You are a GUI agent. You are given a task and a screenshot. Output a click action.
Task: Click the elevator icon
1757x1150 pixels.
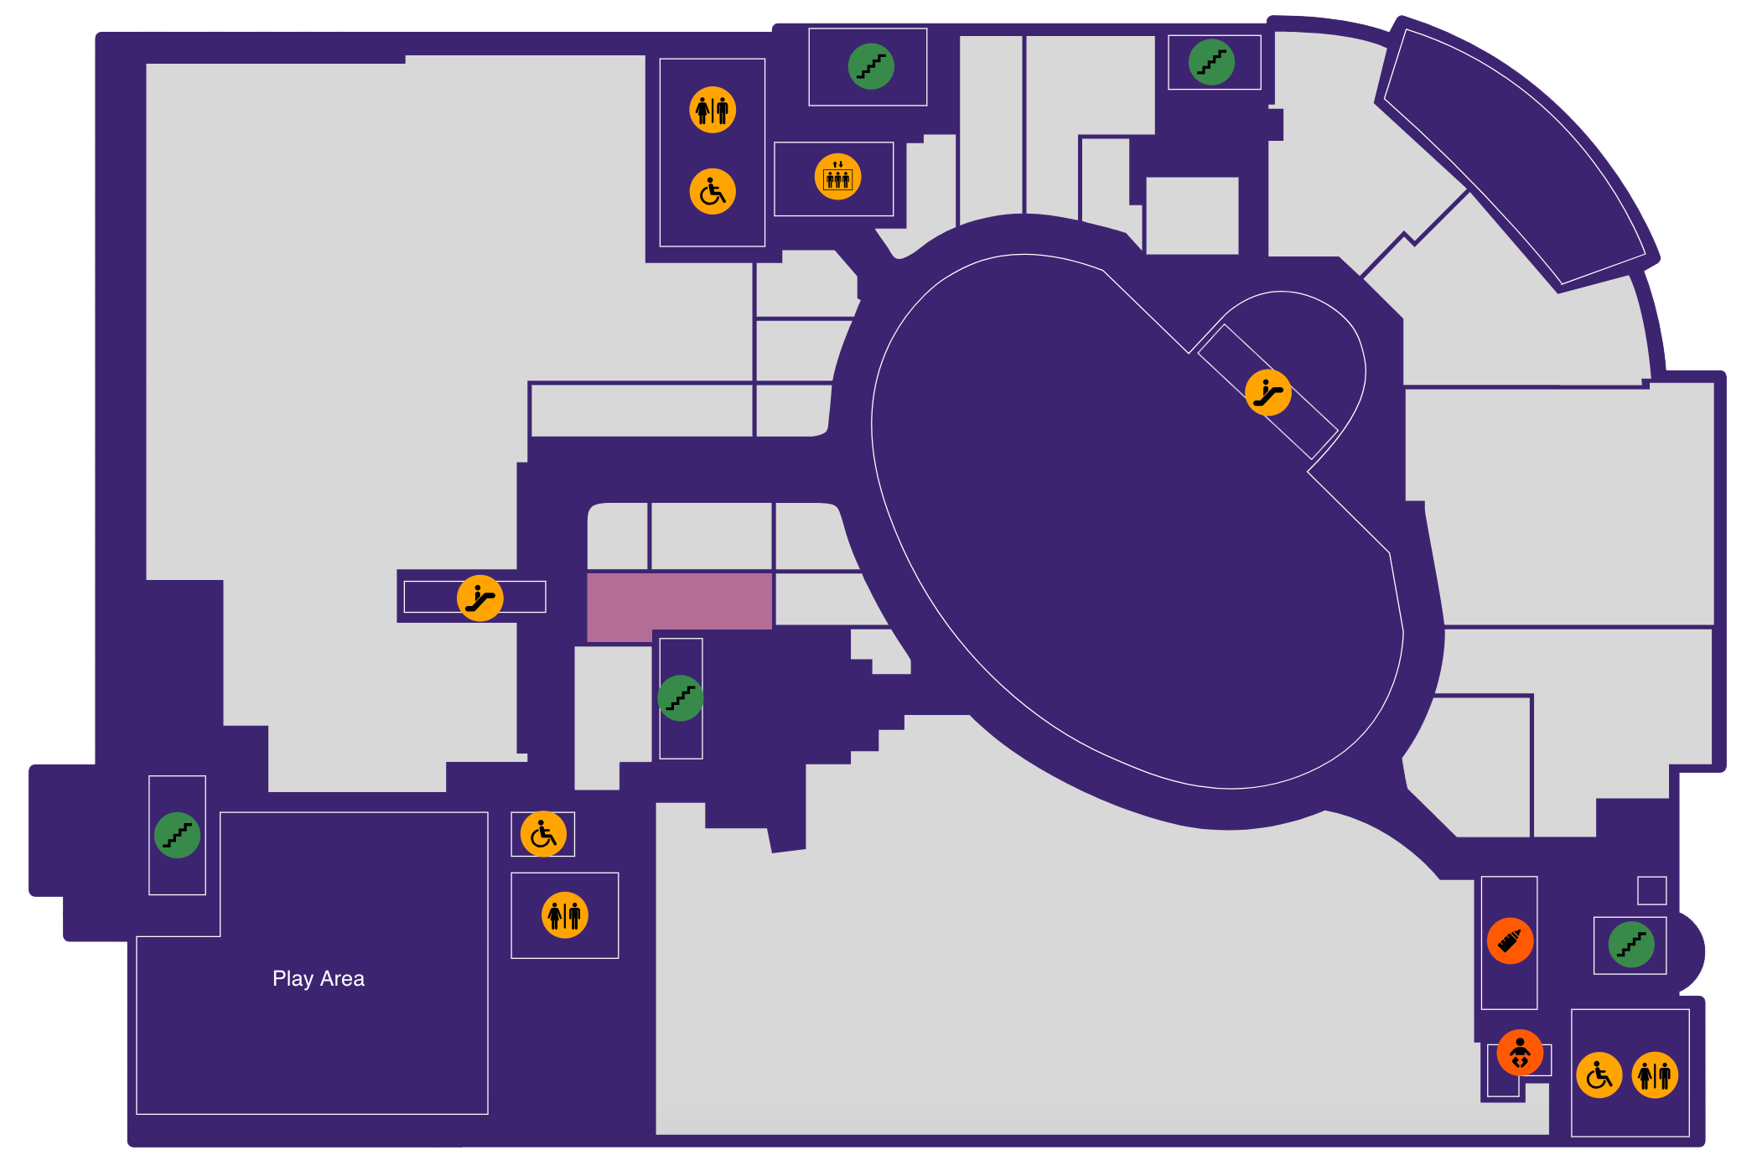pyautogui.click(x=837, y=177)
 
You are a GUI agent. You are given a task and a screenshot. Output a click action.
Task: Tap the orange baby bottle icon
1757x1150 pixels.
pyautogui.click(x=1510, y=940)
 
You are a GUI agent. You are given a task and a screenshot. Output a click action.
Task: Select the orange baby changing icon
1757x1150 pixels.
pyautogui.click(x=1520, y=1052)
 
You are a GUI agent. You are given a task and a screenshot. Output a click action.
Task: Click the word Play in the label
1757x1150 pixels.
pyautogui.click(x=293, y=979)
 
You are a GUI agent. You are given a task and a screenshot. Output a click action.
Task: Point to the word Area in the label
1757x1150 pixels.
pyautogui.click(x=342, y=978)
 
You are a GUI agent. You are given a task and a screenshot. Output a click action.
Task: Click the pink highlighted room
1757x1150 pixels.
pyautogui.click(x=679, y=602)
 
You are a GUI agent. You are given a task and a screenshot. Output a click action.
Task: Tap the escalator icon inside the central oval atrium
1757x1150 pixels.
pyautogui.click(x=1267, y=392)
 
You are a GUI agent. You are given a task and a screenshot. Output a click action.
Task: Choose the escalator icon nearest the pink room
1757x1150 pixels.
pyautogui.click(x=479, y=598)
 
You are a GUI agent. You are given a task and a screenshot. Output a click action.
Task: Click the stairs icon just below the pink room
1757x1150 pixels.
pyautogui.click(x=680, y=698)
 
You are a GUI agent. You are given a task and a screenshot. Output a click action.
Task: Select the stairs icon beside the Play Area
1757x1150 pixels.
pyautogui.click(x=177, y=835)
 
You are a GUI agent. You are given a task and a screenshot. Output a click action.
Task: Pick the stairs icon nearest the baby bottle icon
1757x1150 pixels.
pyautogui.click(x=1631, y=945)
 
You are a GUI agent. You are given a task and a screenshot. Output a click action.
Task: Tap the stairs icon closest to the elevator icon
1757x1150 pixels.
pyautogui.click(x=871, y=66)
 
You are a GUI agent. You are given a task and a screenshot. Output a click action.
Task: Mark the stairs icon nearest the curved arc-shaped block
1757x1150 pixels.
pyautogui.click(x=1211, y=62)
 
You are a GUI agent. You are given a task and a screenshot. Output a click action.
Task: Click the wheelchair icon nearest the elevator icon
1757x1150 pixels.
pyautogui.click(x=713, y=191)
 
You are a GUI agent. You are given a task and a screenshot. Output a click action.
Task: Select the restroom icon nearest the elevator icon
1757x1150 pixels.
pyautogui.click(x=713, y=110)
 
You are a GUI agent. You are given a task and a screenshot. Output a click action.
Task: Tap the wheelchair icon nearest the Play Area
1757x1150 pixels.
pyautogui.click(x=543, y=834)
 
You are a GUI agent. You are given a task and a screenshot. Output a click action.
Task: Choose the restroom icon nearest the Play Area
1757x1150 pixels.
pyautogui.click(x=565, y=914)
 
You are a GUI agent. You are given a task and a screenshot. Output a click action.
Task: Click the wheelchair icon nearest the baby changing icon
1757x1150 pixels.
pyautogui.click(x=1599, y=1075)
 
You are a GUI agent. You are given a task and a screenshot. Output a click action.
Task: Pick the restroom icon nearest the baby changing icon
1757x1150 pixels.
pyautogui.click(x=1655, y=1075)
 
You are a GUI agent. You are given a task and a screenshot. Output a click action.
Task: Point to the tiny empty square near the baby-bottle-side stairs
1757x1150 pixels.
pyautogui.click(x=1651, y=890)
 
